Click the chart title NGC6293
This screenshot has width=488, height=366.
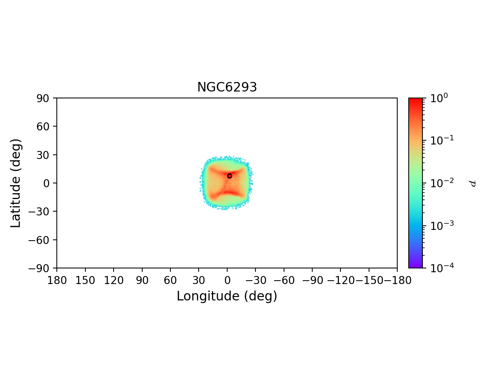click(227, 87)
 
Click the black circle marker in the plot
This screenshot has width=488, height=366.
click(230, 176)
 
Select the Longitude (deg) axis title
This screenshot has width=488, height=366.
click(227, 296)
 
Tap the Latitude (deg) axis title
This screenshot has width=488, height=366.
click(16, 183)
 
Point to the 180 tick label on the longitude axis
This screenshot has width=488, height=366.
click(57, 281)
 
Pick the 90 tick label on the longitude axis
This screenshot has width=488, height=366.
click(142, 281)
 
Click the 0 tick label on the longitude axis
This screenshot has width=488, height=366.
click(227, 281)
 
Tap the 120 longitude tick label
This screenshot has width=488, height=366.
click(114, 281)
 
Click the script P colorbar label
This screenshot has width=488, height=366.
click(473, 183)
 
